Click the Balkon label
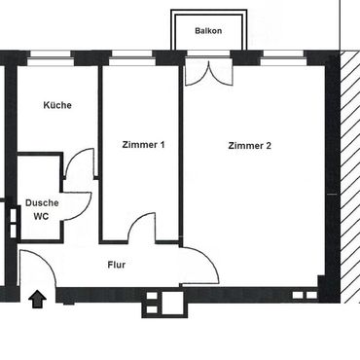[208, 31]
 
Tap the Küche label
[57, 105]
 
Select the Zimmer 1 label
[143, 145]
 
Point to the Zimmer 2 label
[249, 146]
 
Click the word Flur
[117, 265]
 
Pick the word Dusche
[42, 203]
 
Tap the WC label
[41, 216]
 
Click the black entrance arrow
[38, 299]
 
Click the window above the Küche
[51, 58]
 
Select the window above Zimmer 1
[132, 58]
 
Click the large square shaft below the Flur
[172, 303]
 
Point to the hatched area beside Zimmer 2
[350, 177]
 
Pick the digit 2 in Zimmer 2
[269, 146]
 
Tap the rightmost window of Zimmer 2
[283, 58]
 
